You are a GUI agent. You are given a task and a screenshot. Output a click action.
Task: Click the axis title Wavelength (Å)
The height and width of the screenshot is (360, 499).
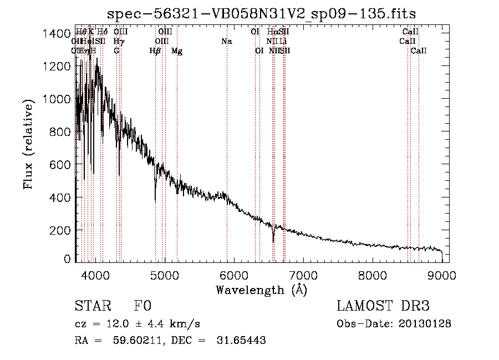[261, 290]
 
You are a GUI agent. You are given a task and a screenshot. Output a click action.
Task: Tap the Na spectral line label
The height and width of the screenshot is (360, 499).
[226, 41]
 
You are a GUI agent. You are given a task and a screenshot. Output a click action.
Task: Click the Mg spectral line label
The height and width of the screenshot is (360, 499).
[177, 51]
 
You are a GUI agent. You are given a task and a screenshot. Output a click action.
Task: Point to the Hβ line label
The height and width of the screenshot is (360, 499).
[155, 51]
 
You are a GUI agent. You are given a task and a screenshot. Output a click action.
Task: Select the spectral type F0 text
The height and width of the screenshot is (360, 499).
[142, 306]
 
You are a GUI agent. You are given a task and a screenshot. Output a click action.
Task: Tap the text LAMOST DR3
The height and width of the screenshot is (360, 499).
[383, 306]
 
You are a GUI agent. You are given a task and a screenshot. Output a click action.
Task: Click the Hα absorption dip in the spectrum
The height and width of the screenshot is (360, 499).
[273, 239]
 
